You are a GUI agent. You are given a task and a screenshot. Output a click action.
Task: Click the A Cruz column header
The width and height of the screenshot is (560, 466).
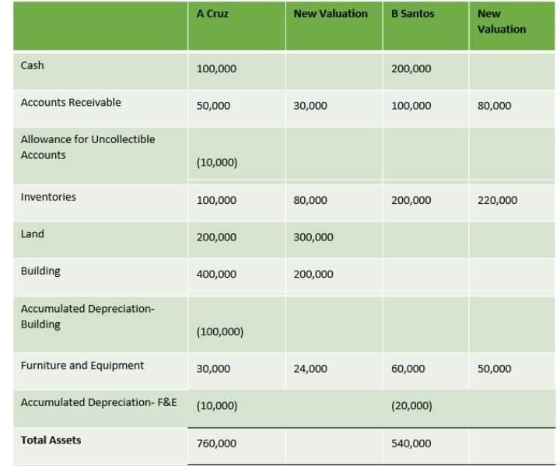[212, 14]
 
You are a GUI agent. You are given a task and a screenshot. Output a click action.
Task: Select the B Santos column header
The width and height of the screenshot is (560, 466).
[412, 14]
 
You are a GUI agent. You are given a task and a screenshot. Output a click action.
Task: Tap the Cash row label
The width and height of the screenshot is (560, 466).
[33, 65]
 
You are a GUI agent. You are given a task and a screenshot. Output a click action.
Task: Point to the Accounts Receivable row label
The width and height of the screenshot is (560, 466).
[71, 102]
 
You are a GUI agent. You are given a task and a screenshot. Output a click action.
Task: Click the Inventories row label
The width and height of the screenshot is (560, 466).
[48, 197]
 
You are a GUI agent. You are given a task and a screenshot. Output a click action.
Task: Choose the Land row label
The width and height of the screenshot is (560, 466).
[33, 234]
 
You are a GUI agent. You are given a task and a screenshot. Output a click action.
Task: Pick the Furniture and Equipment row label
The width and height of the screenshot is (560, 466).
[82, 365]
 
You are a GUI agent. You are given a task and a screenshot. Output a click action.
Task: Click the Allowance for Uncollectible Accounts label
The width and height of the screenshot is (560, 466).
[87, 147]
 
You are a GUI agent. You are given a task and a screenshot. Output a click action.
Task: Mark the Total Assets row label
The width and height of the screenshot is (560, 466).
[51, 440]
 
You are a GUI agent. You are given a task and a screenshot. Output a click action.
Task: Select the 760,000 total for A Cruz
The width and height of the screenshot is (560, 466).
[217, 443]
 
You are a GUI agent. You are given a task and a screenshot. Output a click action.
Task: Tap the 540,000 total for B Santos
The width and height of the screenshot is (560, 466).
[411, 443]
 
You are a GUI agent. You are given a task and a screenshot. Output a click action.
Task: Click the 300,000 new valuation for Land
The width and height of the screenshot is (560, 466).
[313, 237]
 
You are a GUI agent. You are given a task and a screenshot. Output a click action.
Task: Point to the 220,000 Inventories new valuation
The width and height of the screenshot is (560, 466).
[498, 200]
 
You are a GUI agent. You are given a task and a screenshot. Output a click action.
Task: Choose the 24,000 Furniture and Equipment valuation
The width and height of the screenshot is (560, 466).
[311, 369]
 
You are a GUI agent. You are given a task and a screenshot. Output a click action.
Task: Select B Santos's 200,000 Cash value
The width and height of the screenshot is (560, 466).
[411, 68]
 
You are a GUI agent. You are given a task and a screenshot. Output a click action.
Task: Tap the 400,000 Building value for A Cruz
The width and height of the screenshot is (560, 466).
[217, 274]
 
